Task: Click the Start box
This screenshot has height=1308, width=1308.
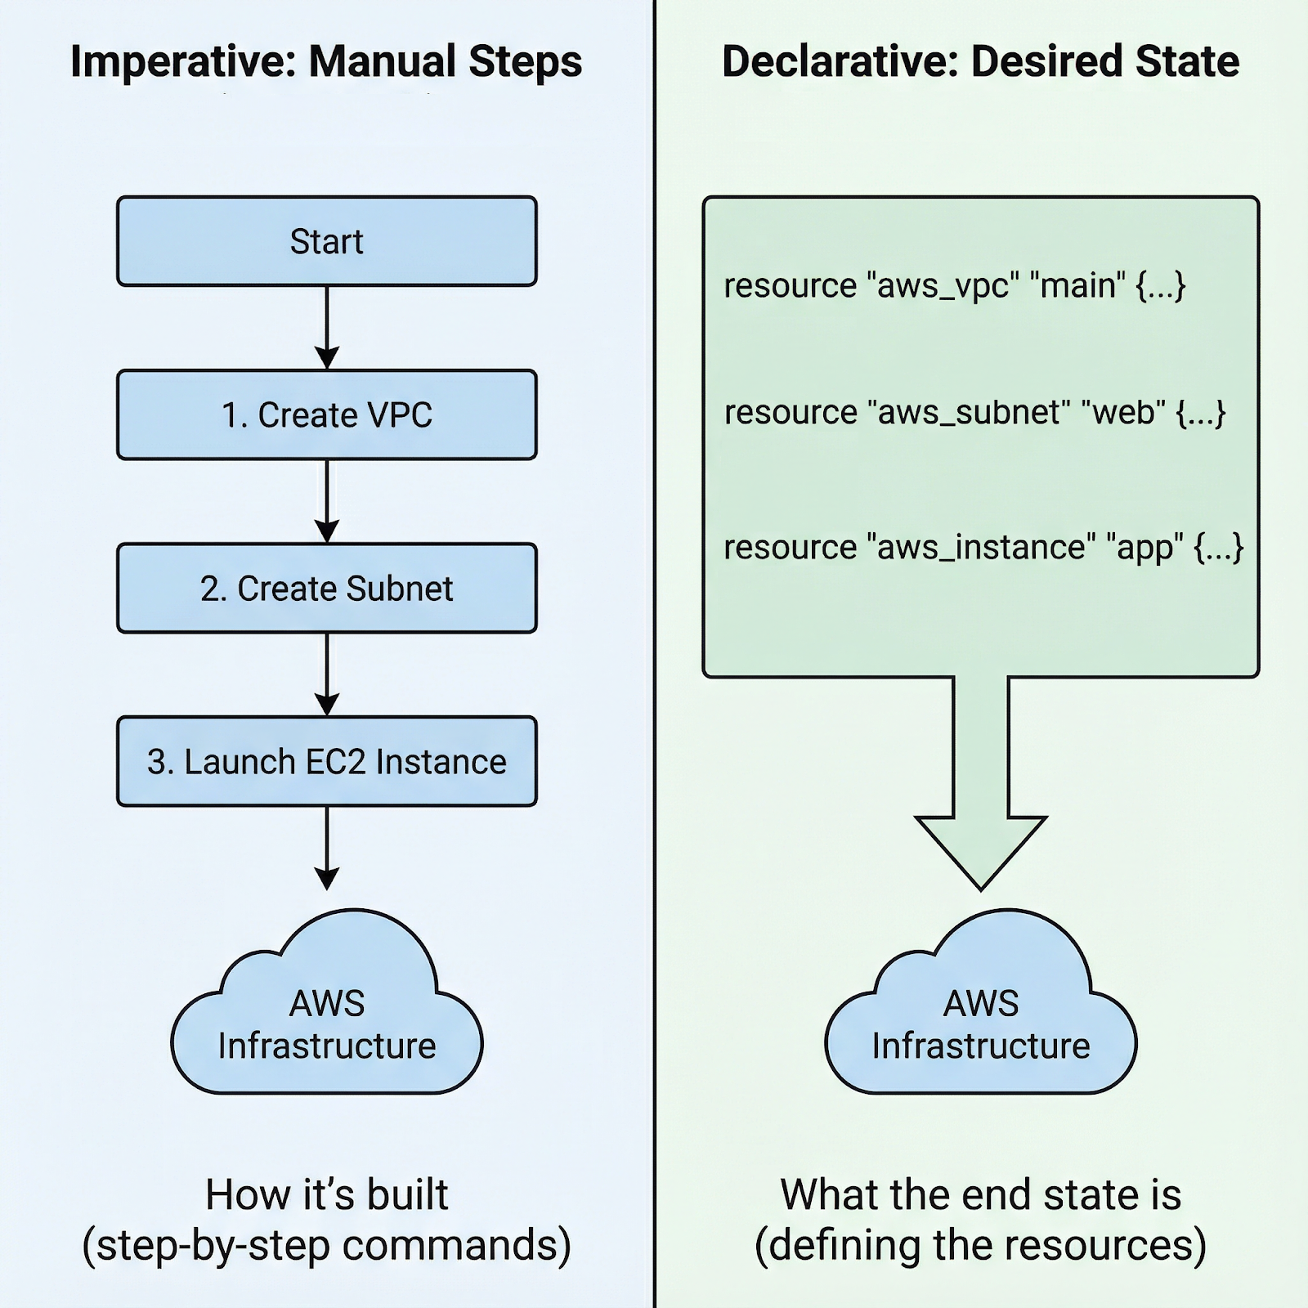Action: point(326,241)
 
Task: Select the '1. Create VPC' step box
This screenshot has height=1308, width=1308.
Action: point(326,414)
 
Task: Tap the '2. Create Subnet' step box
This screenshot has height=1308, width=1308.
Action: point(326,588)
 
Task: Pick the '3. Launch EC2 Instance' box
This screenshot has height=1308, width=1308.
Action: point(326,761)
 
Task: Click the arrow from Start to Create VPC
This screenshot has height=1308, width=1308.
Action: point(326,327)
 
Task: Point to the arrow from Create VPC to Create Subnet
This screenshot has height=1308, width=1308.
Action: point(326,500)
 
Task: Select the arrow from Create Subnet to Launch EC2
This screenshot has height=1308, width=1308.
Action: point(326,674)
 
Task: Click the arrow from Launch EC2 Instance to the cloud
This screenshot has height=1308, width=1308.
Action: point(326,847)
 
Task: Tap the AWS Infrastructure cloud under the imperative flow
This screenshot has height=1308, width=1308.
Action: point(326,1014)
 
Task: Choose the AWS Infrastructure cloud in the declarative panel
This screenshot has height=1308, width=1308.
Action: point(980,1014)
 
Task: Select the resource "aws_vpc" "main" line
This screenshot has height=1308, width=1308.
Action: point(954,286)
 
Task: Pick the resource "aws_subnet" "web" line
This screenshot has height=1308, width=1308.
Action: point(974,413)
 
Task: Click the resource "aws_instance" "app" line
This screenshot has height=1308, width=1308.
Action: point(983,547)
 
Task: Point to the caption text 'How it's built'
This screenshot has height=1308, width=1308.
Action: point(326,1194)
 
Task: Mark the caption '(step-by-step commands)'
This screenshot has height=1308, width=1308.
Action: point(326,1245)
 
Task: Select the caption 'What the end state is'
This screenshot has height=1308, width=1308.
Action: point(980,1194)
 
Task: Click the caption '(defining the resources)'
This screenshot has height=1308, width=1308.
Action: point(980,1245)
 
